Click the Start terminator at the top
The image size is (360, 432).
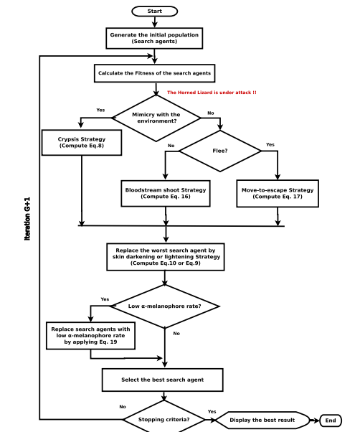(x=154, y=11)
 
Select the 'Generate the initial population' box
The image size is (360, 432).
(x=154, y=38)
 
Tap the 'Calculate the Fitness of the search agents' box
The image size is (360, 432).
(x=154, y=73)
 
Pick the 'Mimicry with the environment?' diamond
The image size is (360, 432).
(x=156, y=118)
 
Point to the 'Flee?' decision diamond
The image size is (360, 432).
(x=220, y=151)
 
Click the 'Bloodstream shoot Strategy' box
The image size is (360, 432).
(x=166, y=193)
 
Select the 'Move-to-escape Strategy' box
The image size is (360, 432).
(x=278, y=193)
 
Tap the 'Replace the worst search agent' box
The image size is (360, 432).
(x=166, y=257)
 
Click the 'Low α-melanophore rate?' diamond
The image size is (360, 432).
(x=164, y=306)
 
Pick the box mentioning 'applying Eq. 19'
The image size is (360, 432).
(x=90, y=336)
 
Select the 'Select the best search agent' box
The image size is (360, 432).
(x=163, y=379)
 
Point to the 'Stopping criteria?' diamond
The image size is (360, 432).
(x=164, y=420)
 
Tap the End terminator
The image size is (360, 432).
(x=331, y=421)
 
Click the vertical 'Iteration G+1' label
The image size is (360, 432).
(x=27, y=218)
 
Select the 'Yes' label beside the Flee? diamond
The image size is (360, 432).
(x=270, y=145)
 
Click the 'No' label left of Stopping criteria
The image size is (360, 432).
(x=123, y=407)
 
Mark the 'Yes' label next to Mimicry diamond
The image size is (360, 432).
(x=100, y=110)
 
